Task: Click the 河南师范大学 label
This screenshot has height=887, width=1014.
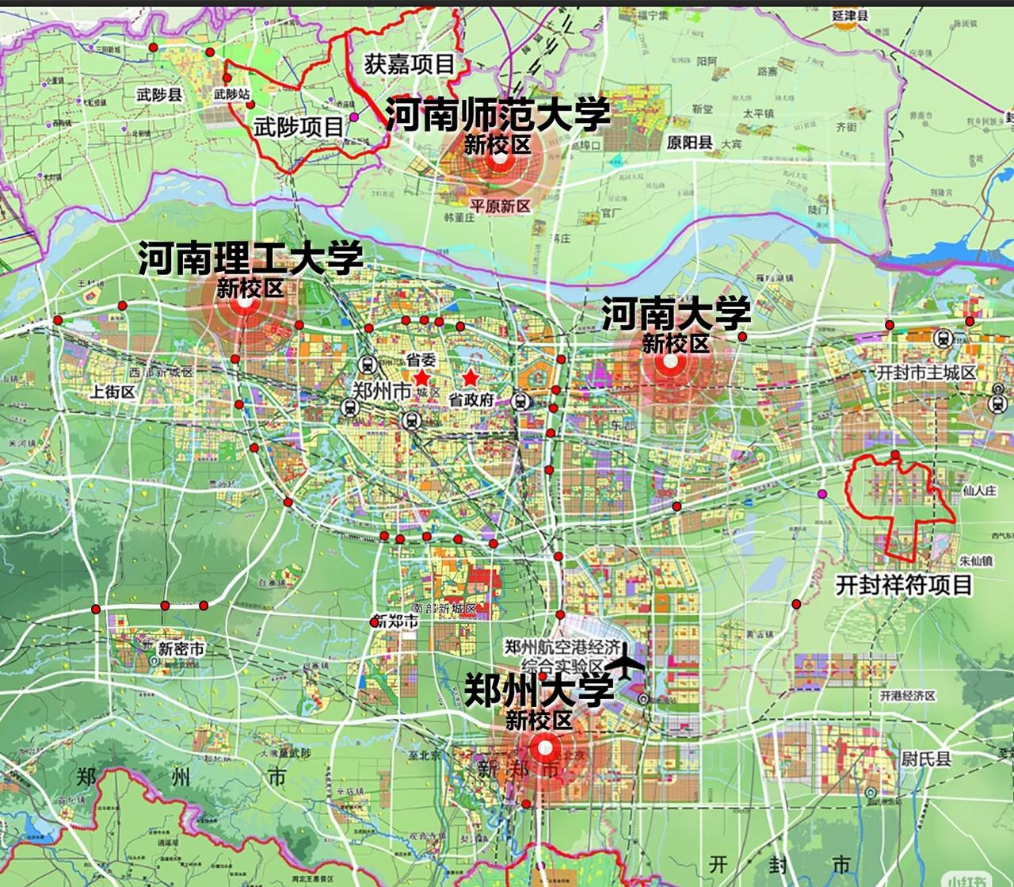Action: coord(497,115)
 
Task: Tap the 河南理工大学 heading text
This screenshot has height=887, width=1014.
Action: coord(250,258)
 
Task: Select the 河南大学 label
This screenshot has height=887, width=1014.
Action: coord(676,314)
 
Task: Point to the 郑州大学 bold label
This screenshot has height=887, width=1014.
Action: coord(539,690)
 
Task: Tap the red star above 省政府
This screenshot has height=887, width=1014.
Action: coord(471,377)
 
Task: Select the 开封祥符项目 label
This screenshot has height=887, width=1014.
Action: coord(904,585)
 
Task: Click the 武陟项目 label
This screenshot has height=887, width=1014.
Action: coord(299,126)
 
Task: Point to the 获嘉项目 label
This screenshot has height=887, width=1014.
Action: coord(410,63)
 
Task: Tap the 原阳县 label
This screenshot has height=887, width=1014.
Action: coord(688,143)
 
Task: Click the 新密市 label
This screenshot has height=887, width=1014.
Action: coord(181,649)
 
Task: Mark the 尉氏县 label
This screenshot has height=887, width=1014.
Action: coord(925,759)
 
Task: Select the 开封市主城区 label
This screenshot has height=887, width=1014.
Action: coord(926,372)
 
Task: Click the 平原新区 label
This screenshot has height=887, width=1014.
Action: coord(499,206)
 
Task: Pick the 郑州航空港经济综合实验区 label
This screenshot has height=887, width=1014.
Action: coord(564,656)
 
